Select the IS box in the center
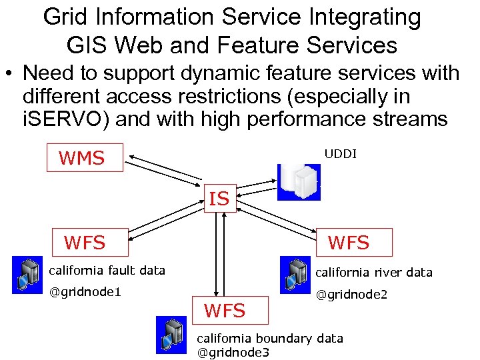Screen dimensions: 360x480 point(220,198)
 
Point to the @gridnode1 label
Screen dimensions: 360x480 point(85,292)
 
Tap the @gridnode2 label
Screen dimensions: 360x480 point(351,294)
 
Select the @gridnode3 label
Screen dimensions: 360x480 point(233,353)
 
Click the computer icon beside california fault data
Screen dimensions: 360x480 point(27,275)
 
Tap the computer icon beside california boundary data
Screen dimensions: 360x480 point(171,335)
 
